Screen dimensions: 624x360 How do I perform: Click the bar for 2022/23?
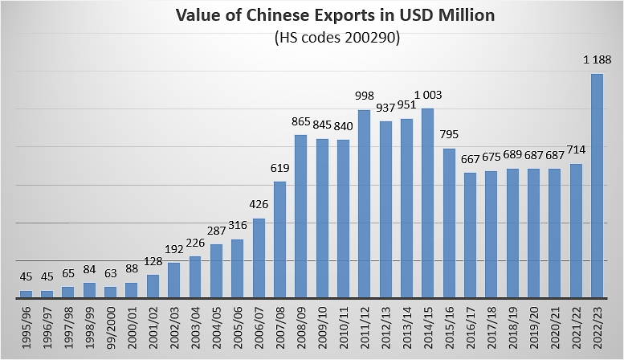[x=597, y=186]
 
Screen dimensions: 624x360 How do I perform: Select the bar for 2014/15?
[x=428, y=203]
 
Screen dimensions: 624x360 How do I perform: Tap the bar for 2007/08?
[x=279, y=239]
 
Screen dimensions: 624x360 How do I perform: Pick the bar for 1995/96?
[x=26, y=294]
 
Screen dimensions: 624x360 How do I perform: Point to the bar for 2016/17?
[x=470, y=235]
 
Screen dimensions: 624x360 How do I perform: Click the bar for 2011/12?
[x=364, y=204]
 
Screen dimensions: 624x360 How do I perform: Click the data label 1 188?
[x=597, y=60]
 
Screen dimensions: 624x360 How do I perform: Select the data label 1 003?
[x=428, y=95]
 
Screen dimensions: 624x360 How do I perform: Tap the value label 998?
[x=365, y=96]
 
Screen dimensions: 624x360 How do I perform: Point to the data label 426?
[x=259, y=205]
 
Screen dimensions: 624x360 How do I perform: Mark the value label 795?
[x=449, y=135]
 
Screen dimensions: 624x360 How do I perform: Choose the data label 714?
[x=576, y=149]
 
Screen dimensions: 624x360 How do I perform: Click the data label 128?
[x=153, y=261]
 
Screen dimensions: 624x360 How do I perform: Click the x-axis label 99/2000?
[x=111, y=328]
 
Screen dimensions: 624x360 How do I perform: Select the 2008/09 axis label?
[x=301, y=328]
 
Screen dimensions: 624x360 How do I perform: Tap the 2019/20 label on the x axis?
[x=534, y=328]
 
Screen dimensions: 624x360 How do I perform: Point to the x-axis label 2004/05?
[x=217, y=328]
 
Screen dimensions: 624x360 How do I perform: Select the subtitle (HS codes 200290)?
[x=337, y=38]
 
